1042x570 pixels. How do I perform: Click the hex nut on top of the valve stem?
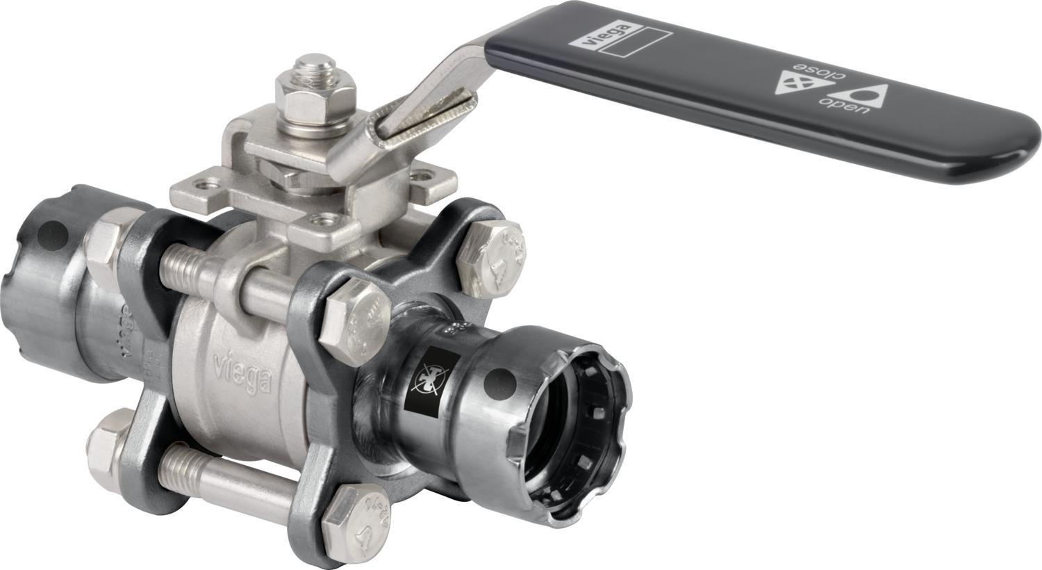coord(316,97)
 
